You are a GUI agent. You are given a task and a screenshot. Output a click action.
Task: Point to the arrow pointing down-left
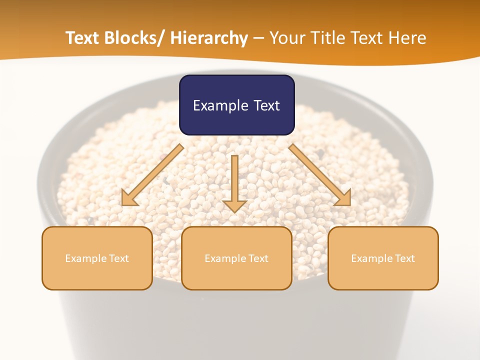click(x=152, y=175)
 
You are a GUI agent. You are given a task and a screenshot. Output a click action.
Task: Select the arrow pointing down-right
click(x=320, y=175)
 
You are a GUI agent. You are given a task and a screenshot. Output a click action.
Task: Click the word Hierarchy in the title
click(x=209, y=38)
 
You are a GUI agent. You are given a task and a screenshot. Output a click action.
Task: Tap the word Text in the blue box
click(x=265, y=105)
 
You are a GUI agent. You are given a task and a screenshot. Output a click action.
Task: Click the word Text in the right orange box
click(x=404, y=258)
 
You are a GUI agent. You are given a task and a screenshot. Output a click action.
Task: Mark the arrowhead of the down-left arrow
click(x=129, y=198)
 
